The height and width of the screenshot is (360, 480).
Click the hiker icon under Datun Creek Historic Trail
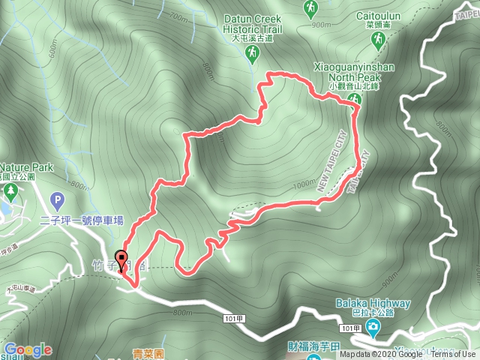click(x=252, y=52)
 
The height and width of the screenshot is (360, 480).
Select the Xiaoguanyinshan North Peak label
click(x=357, y=76)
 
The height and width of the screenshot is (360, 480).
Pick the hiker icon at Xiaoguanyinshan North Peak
click(x=357, y=101)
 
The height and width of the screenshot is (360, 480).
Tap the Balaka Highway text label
click(x=373, y=304)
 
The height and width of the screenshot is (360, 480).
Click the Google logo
click(x=27, y=349)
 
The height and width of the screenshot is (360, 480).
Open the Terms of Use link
click(x=453, y=355)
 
